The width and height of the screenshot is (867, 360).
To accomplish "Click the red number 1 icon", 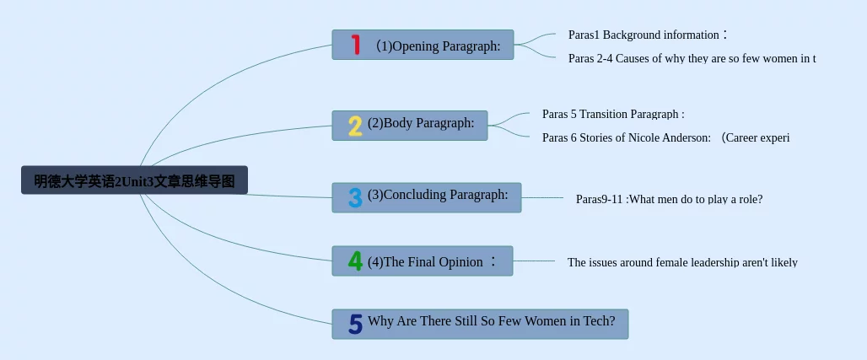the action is tap(356, 45).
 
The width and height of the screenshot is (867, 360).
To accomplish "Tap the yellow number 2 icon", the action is tap(355, 126).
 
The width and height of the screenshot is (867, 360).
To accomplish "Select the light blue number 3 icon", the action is tap(355, 197).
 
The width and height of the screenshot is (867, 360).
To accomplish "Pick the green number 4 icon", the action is tap(355, 261).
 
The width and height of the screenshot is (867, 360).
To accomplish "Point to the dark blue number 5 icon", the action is tap(356, 324).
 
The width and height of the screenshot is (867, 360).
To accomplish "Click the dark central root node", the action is tap(134, 180).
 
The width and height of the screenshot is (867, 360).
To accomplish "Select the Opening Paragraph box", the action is tap(423, 45).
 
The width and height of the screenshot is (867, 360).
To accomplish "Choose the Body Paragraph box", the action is tap(410, 126).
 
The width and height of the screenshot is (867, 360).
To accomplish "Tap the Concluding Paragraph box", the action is tap(426, 197).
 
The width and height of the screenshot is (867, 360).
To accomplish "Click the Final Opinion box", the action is tap(423, 261).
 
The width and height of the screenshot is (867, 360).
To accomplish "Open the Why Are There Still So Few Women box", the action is tap(480, 324).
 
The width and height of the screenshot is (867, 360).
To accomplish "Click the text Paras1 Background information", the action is tap(648, 35).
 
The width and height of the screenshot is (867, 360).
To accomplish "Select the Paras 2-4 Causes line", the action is tap(692, 59).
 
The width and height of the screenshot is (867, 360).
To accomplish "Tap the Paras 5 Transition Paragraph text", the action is tap(613, 115).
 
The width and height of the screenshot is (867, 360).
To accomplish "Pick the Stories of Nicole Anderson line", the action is tap(665, 137).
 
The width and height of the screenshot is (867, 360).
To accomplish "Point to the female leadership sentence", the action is tap(682, 262).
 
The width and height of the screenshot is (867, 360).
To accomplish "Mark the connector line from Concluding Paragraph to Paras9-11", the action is tap(541, 197).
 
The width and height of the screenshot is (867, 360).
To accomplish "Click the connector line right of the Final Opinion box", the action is tap(534, 261).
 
